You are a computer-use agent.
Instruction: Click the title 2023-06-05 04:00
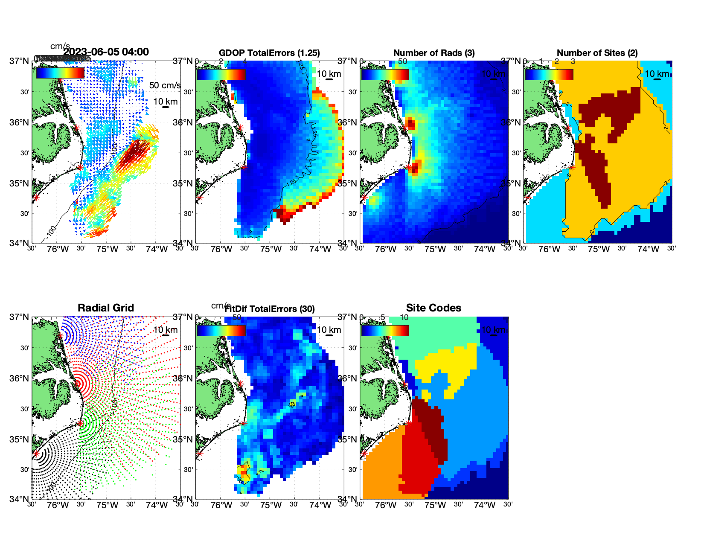[106, 52]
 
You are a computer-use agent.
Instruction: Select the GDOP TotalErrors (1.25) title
[269, 53]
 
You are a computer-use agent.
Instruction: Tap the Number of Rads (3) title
[433, 53]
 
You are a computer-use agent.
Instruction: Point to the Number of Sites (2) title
[597, 53]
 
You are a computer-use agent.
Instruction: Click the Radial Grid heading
[106, 308]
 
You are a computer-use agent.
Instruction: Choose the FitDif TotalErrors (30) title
[269, 308]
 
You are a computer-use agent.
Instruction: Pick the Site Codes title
[433, 308]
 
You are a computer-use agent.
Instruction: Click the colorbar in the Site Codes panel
[385, 331]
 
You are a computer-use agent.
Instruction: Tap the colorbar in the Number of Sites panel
[549, 74]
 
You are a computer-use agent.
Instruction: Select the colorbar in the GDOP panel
[221, 74]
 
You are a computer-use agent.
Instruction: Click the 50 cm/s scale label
[165, 85]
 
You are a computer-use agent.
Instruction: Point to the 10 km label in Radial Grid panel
[165, 330]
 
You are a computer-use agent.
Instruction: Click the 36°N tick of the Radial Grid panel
[19, 378]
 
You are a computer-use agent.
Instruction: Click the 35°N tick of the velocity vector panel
[19, 183]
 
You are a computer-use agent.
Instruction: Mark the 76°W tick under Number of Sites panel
[549, 250]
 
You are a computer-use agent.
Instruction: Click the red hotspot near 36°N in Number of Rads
[410, 124]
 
